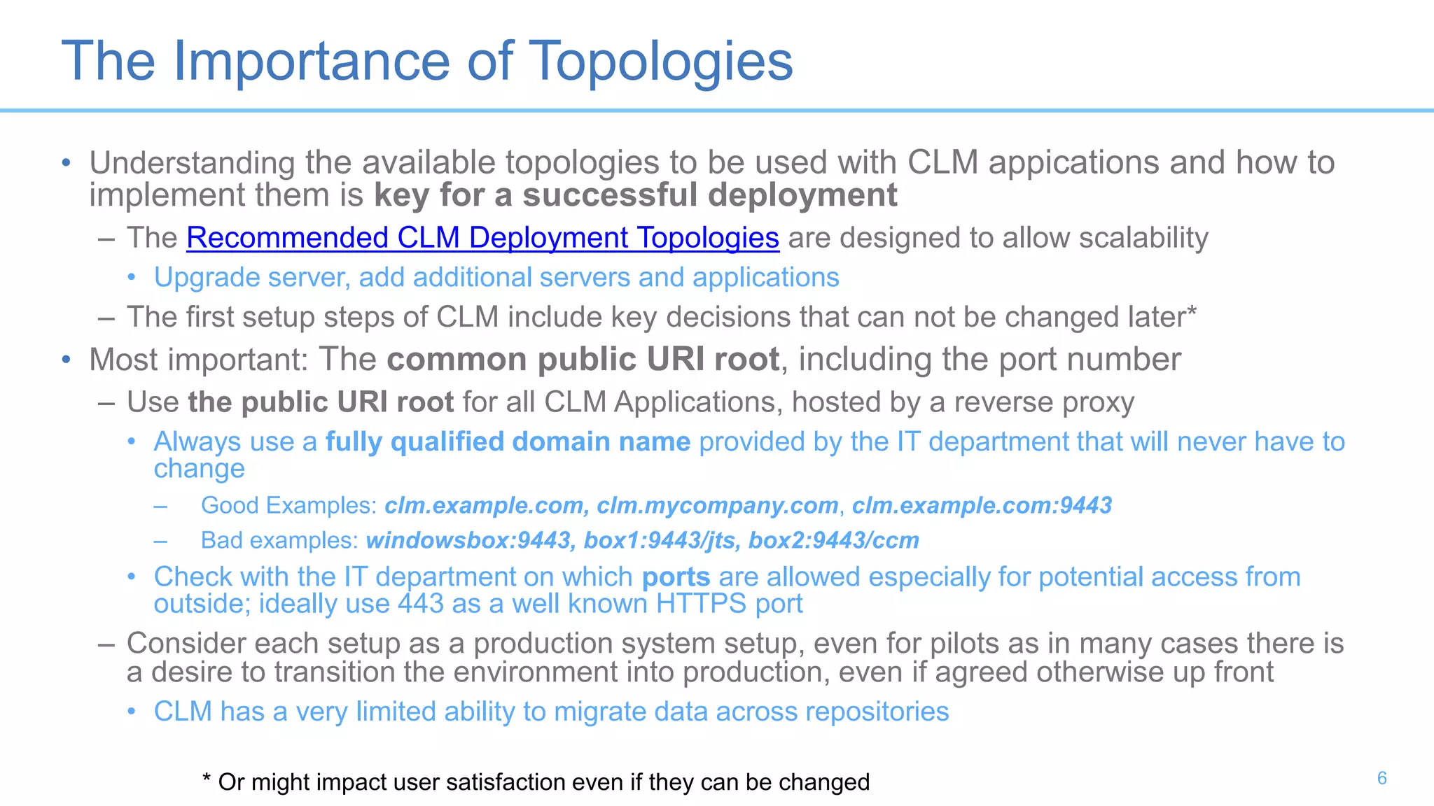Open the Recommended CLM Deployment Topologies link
[x=482, y=238]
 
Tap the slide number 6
[x=1381, y=778]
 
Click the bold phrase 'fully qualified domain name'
[x=508, y=442]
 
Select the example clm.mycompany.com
[x=717, y=505]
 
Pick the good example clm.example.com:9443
[x=982, y=505]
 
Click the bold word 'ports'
[x=676, y=577]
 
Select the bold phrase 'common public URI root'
[x=583, y=360]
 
